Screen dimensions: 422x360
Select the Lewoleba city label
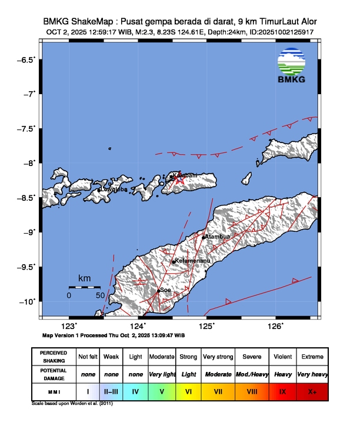(x=114, y=190)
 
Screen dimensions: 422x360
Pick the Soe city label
(x=165, y=290)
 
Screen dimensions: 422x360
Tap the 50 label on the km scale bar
(x=100, y=295)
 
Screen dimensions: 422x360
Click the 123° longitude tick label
(x=69, y=326)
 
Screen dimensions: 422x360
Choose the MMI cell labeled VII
(x=216, y=390)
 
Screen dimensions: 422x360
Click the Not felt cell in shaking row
(x=88, y=357)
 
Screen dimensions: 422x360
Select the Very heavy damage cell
(x=312, y=374)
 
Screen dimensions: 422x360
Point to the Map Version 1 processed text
(x=114, y=335)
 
